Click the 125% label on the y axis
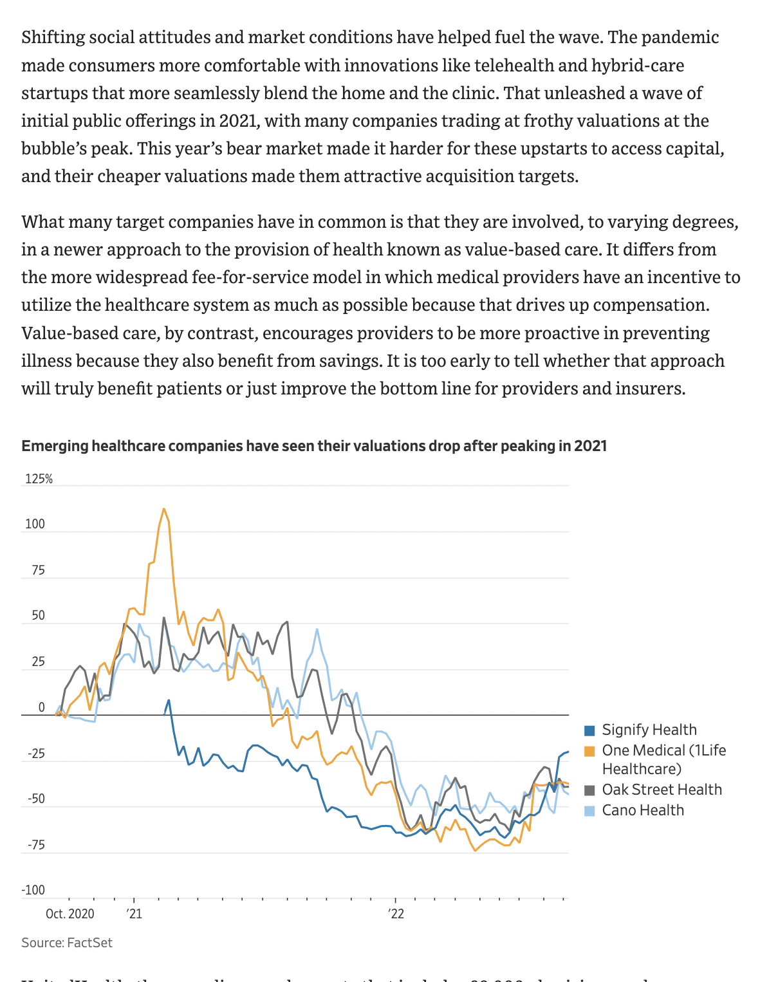pyautogui.click(x=39, y=479)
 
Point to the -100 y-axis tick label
pyautogui.click(x=33, y=890)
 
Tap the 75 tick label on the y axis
pyautogui.click(x=38, y=570)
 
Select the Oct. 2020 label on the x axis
pyautogui.click(x=69, y=914)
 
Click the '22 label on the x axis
pyautogui.click(x=396, y=914)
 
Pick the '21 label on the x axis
pyautogui.click(x=134, y=914)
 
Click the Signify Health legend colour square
pyautogui.click(x=589, y=730)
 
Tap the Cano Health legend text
pyautogui.click(x=642, y=810)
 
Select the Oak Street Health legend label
pyautogui.click(x=662, y=790)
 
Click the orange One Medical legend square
pyautogui.click(x=589, y=751)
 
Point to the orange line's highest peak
pyautogui.click(x=164, y=509)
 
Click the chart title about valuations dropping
pyautogui.click(x=314, y=446)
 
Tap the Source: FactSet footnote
pyautogui.click(x=67, y=943)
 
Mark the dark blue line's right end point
pyautogui.click(x=568, y=752)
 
